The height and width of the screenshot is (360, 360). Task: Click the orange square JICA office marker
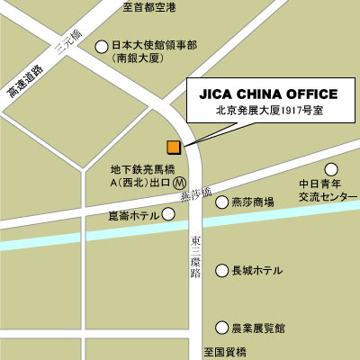pyautogui.click(x=173, y=147)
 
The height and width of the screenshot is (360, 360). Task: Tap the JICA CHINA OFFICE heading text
pyautogui.click(x=268, y=94)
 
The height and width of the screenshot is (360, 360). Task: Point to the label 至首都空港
pyautogui.click(x=150, y=7)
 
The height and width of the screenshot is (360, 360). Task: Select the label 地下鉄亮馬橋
pyautogui.click(x=142, y=168)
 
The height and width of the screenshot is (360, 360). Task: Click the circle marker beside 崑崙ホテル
pyautogui.click(x=167, y=214)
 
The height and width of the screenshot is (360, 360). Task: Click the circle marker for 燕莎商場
pyautogui.click(x=221, y=202)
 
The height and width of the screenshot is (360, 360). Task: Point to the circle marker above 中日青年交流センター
pyautogui.click(x=331, y=168)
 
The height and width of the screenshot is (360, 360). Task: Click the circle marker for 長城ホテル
pyautogui.click(x=221, y=270)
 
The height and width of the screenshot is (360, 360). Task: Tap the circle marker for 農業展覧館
pyautogui.click(x=221, y=327)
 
